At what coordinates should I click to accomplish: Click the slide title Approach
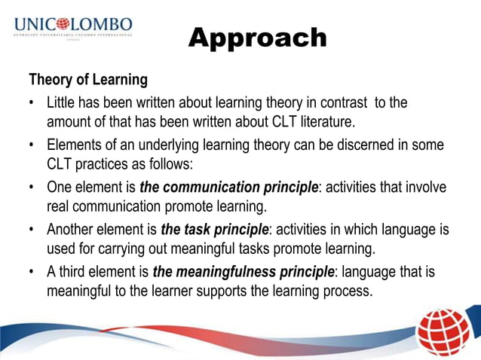point(257,38)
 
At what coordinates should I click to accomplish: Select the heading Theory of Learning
point(87,79)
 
